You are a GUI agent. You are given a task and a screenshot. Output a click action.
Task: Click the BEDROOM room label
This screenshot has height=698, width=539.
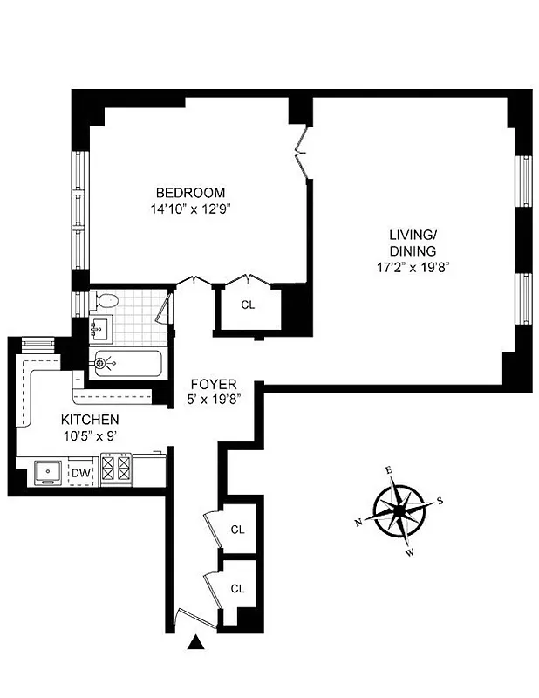click(x=190, y=193)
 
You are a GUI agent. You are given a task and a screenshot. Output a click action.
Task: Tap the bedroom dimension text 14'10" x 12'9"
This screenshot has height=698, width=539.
click(x=190, y=209)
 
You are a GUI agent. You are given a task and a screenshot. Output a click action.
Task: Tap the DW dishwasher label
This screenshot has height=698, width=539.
click(x=81, y=473)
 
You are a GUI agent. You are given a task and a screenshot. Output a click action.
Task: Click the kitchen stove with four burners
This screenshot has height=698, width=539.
click(x=117, y=471)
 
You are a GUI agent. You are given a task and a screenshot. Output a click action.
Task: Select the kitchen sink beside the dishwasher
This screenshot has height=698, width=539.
click(x=44, y=472)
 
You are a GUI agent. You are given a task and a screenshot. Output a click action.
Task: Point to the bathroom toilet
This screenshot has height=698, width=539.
click(x=106, y=301)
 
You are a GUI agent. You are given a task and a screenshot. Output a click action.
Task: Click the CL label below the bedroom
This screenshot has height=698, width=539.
click(x=248, y=305)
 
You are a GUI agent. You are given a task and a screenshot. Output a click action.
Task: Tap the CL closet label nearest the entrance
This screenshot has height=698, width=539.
click(x=237, y=588)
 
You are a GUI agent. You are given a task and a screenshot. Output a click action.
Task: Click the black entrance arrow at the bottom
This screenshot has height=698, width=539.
click(x=197, y=644)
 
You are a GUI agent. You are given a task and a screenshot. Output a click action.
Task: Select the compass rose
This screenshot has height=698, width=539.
click(x=399, y=510)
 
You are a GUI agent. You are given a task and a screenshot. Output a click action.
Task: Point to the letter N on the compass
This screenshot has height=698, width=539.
click(x=358, y=523)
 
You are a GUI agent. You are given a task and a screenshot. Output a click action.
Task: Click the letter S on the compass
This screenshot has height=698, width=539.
click(x=440, y=500)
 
